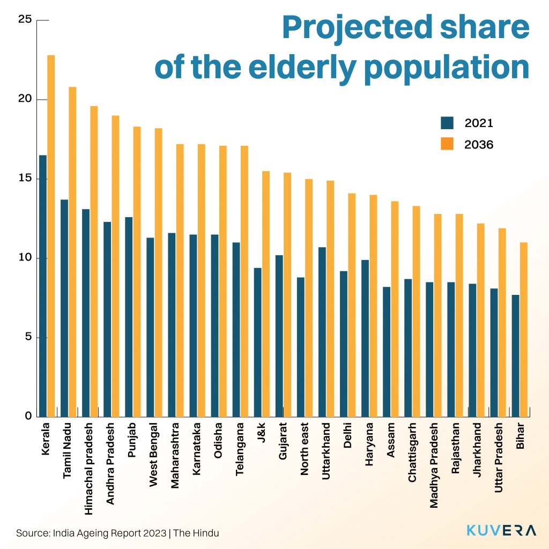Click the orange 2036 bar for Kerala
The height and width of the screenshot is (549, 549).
51,236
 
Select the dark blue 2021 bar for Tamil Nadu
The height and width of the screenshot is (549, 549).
64,308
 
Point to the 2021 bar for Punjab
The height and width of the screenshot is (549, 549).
129,317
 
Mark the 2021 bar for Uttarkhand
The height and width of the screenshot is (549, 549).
322,332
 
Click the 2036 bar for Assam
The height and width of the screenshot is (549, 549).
395,309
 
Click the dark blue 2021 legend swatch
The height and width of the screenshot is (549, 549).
447,123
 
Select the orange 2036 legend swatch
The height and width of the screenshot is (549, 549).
447,144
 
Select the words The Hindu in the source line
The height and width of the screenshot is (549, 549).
196,533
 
